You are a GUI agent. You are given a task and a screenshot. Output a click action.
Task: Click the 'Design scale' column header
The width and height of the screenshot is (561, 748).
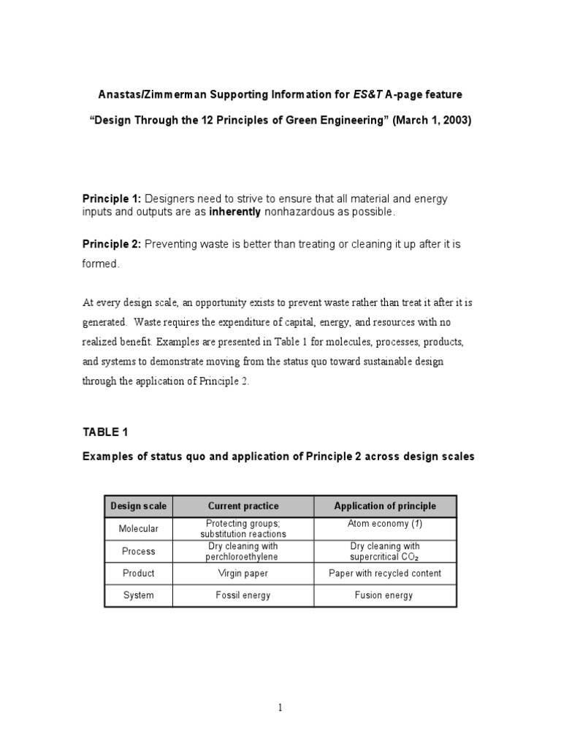(x=139, y=505)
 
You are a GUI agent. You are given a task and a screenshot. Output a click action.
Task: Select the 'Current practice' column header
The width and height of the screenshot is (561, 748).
(x=243, y=505)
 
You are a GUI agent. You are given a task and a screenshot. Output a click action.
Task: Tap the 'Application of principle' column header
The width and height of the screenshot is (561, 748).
(x=385, y=505)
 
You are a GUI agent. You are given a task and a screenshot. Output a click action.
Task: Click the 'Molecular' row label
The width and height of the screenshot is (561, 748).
(x=139, y=528)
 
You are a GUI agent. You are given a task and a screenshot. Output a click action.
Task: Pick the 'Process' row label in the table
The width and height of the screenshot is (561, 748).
(x=139, y=551)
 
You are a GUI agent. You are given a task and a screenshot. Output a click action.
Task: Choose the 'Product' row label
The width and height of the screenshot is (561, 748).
(x=139, y=573)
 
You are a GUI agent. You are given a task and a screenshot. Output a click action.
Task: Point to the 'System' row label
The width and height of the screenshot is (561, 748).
(x=139, y=595)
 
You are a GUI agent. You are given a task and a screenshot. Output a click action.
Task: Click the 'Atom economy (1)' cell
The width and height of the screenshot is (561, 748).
(x=385, y=524)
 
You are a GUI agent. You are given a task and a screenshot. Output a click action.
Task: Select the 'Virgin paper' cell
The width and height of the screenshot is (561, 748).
(x=243, y=573)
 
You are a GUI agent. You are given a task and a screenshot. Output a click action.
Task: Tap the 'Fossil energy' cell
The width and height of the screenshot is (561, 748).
(x=243, y=595)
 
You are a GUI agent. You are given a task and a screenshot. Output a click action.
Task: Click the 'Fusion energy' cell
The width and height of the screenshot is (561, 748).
(x=385, y=595)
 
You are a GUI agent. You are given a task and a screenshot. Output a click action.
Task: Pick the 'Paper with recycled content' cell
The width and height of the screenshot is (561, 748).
(x=385, y=573)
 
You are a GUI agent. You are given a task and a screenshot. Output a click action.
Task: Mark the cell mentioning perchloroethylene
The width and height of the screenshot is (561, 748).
(x=243, y=552)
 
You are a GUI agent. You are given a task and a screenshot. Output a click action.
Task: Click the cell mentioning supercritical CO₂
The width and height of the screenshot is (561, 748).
(x=385, y=552)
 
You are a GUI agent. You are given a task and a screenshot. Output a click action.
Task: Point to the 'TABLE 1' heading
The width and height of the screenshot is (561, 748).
(x=105, y=432)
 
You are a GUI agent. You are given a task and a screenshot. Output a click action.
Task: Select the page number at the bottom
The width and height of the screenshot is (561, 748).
(x=280, y=707)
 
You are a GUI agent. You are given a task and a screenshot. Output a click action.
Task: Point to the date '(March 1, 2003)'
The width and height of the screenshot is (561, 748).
(x=432, y=121)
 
